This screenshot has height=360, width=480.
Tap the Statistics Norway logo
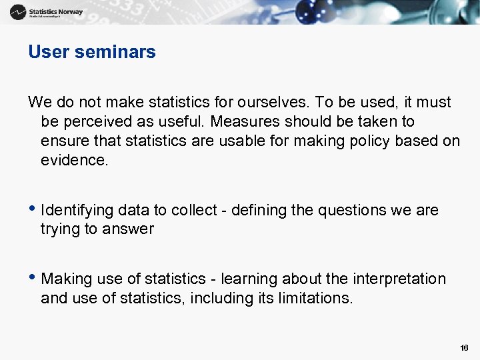47,12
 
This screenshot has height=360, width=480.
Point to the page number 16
464,348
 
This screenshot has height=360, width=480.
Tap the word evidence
73,160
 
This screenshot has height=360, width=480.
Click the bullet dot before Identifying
31,210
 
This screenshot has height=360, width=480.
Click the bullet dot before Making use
31,279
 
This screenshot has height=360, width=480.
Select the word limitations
313,298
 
